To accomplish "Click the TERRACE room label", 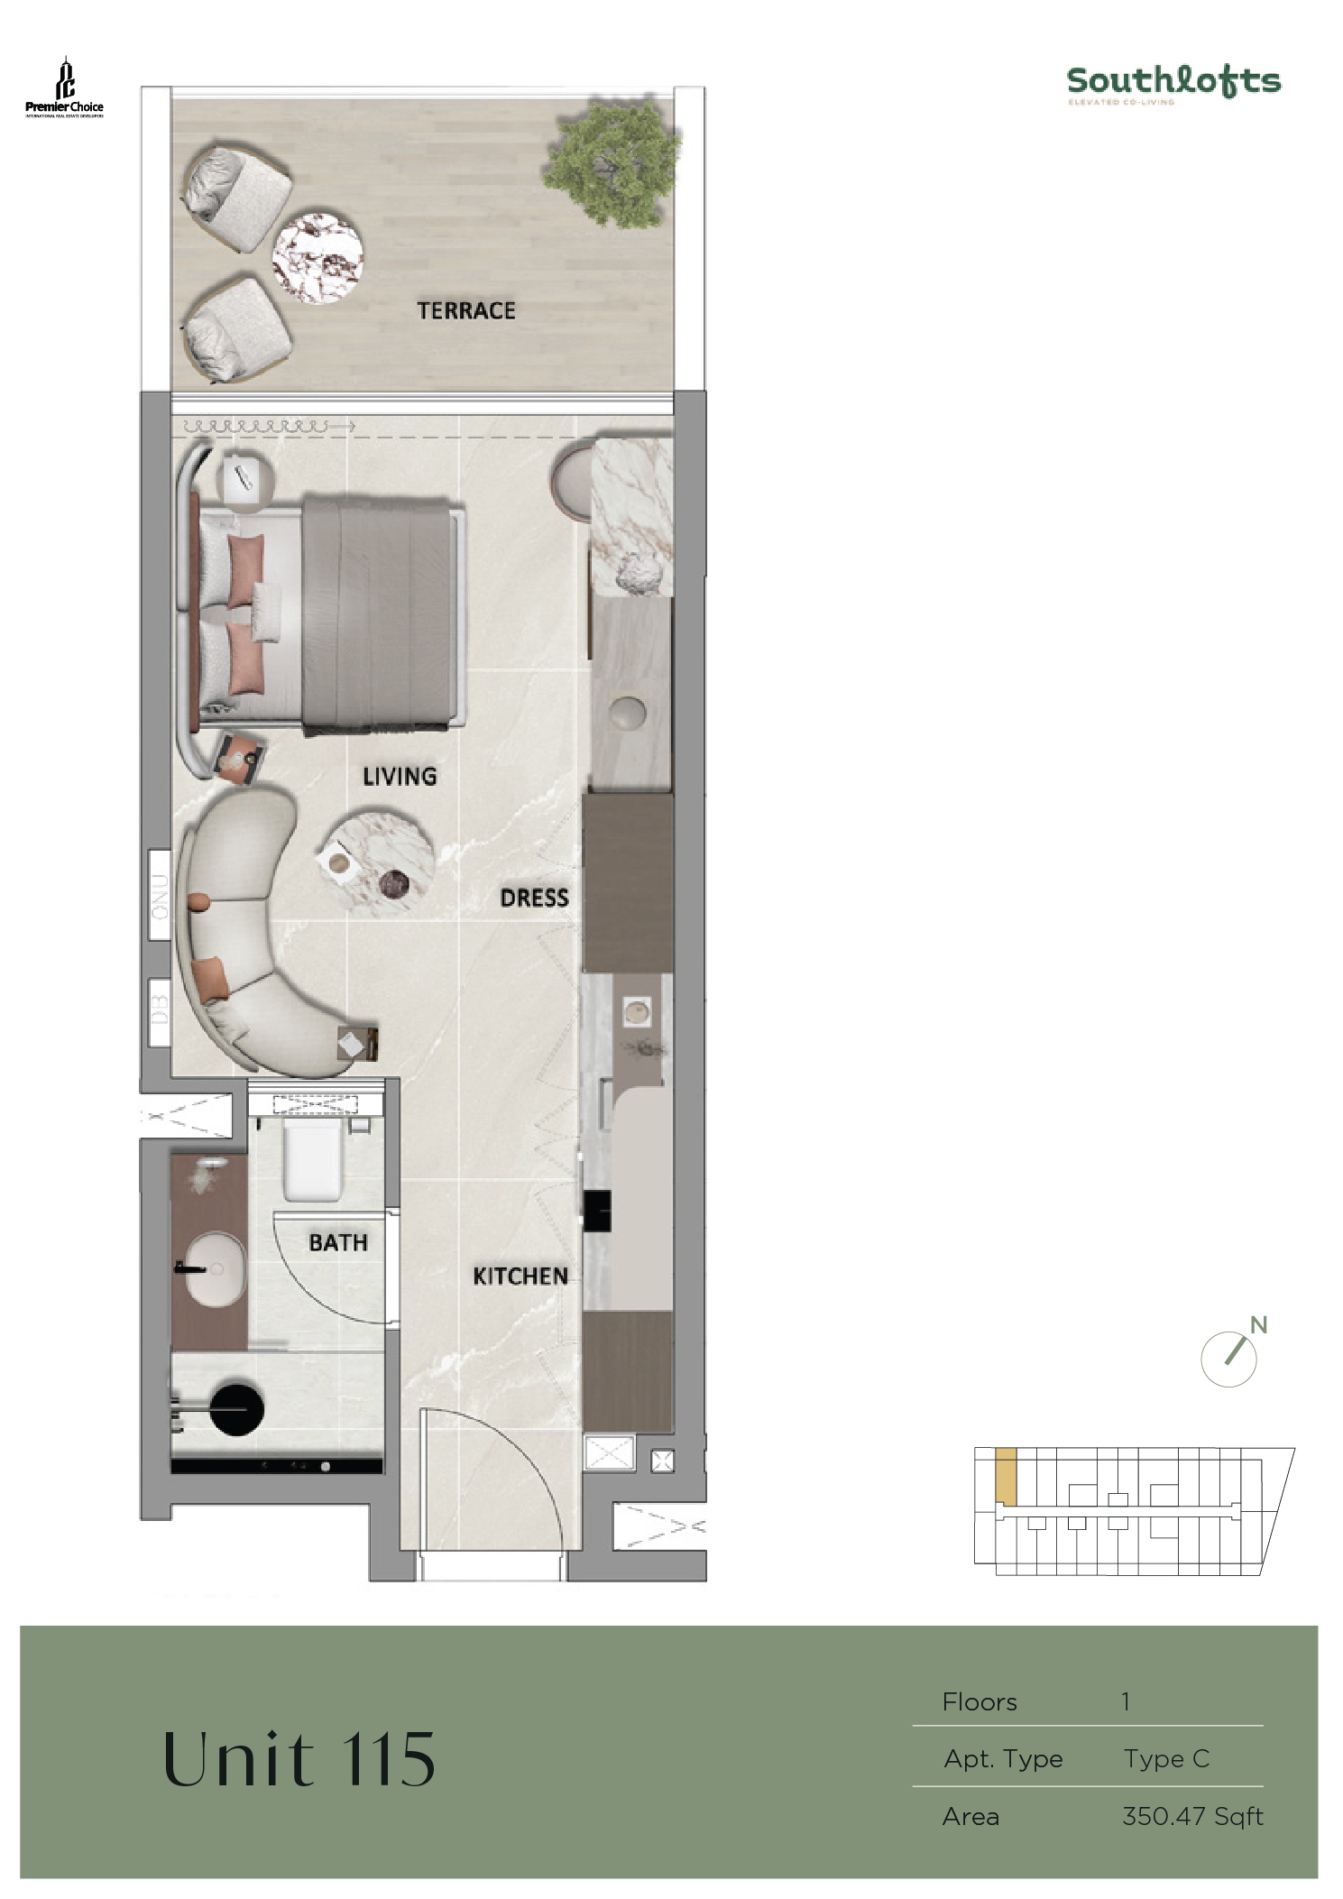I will pos(465,311).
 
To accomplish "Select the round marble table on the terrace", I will pos(318,258).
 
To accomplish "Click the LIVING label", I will pos(400,777).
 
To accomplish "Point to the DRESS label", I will pos(534,899).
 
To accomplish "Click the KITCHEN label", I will pos(520,1277).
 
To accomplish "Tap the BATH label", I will pos(338,1243).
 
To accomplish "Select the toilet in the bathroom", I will pos(313,1161).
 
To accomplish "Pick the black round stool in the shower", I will pos(236,1406).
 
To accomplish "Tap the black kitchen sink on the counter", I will pos(597,1211).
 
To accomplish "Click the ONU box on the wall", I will pos(160,895).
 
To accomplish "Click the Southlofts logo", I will pos(1173,83).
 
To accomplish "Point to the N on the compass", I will pos(1259,1325).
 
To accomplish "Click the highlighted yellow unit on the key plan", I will pos(1006,1477).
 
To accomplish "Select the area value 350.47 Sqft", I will pos(1191,1816).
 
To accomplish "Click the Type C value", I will pos(1165,1758).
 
